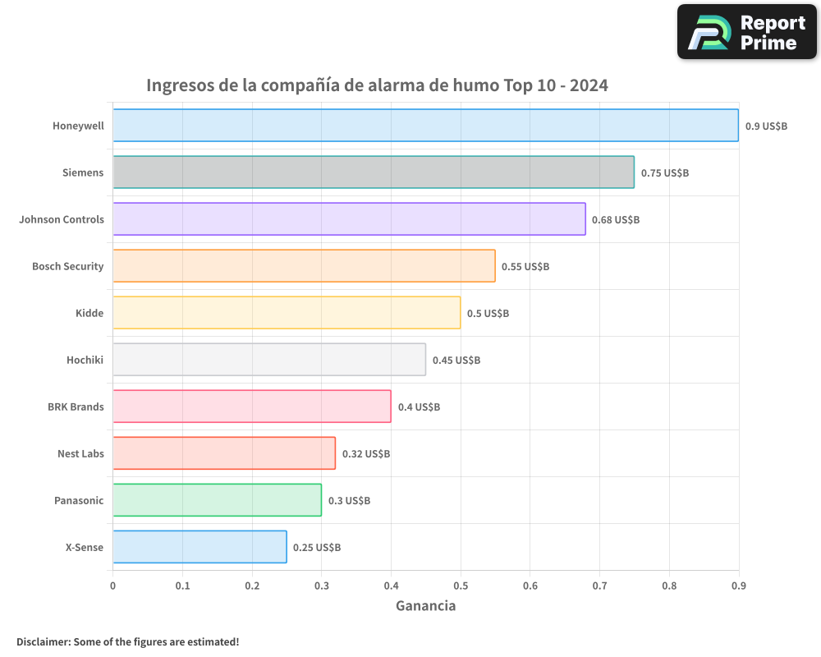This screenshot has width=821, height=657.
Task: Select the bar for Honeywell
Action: point(425,126)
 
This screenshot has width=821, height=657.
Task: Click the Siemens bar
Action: point(374,172)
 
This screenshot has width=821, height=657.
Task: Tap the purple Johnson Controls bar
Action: point(349,219)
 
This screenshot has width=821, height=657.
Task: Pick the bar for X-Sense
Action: point(200,547)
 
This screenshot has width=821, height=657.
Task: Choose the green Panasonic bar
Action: point(217,500)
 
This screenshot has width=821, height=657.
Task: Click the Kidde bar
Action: point(287,313)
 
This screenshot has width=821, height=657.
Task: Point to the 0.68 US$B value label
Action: point(616,220)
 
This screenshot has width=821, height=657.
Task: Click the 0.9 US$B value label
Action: point(766,126)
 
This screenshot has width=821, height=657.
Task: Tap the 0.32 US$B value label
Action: point(366,454)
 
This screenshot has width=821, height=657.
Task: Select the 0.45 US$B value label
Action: point(456,361)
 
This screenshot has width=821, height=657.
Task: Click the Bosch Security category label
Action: point(68,266)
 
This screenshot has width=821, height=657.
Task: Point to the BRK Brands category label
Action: point(76,407)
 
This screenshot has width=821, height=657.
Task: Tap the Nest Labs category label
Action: point(80,453)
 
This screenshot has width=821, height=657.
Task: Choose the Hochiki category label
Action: point(85,360)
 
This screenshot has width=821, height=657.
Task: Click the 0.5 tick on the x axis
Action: point(461,586)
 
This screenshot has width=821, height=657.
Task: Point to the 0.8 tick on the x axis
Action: point(669,586)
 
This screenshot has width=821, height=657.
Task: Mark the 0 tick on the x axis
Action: point(113,586)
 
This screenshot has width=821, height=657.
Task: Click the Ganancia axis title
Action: point(425,606)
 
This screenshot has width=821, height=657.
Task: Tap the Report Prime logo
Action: point(747,32)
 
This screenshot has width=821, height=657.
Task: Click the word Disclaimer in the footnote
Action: point(43,641)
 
